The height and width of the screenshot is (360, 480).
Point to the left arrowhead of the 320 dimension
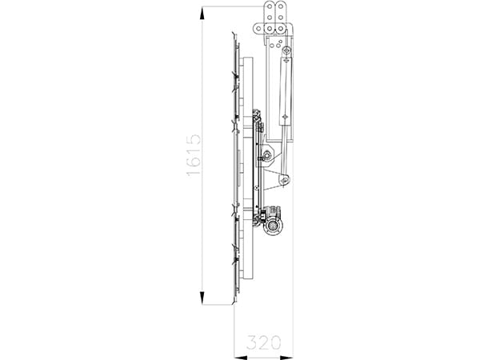[237, 353]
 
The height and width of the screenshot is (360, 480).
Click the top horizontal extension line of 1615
[232, 6]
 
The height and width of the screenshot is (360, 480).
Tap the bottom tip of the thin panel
[234, 305]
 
